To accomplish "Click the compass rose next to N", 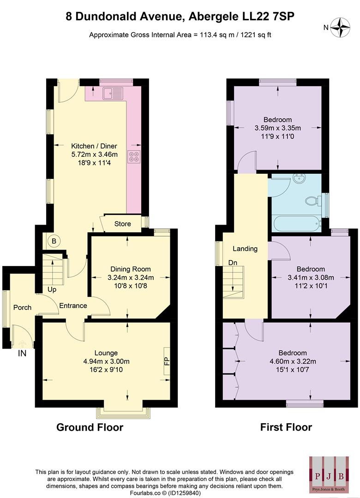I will tap(342, 27).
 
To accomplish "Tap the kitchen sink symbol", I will tap(113, 93).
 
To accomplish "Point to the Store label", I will tap(122, 224).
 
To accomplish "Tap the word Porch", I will tap(22, 308).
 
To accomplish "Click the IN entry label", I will tap(22, 354).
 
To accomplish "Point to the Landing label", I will tap(245, 249).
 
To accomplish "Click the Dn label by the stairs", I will tap(233, 263).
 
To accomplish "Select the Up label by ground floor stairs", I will tap(52, 290).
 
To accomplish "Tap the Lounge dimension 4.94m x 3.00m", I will tap(106, 361).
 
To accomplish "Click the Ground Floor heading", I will tap(90, 427).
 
